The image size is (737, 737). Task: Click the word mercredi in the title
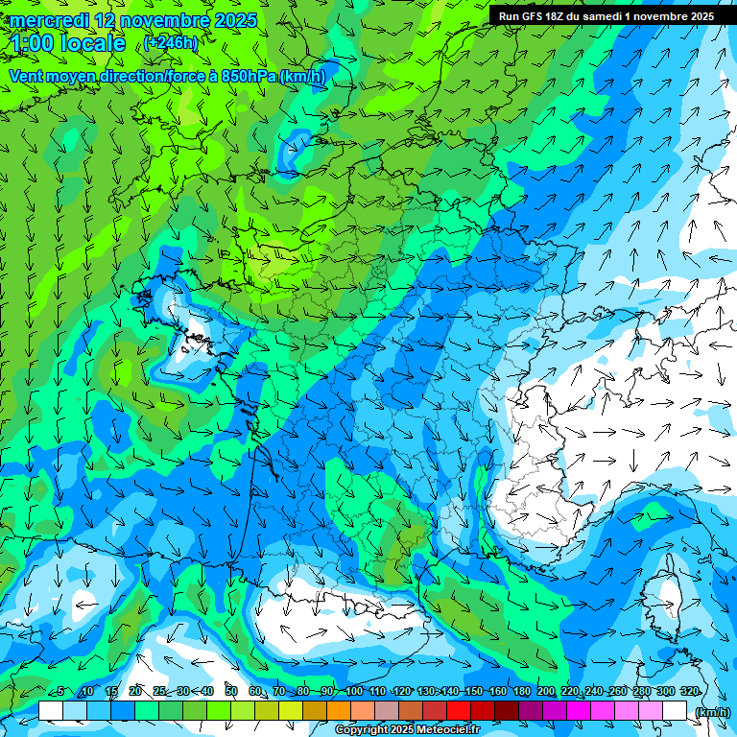click(46, 20)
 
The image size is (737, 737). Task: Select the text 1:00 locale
click(68, 43)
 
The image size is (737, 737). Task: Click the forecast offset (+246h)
click(171, 43)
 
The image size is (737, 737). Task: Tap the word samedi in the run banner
click(602, 16)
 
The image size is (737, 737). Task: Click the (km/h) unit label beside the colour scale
click(711, 711)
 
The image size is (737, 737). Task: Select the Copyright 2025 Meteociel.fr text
click(420, 730)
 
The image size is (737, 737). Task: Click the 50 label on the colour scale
click(231, 692)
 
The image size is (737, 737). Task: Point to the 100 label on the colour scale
click(354, 692)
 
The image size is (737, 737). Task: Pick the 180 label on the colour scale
click(521, 692)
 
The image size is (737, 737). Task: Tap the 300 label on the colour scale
click(665, 692)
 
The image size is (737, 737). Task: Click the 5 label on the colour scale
click(60, 692)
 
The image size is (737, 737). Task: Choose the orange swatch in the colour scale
click(339, 711)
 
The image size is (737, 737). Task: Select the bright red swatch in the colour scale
click(459, 711)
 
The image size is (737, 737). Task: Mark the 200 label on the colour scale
click(546, 692)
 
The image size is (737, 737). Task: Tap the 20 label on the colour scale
click(134, 692)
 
